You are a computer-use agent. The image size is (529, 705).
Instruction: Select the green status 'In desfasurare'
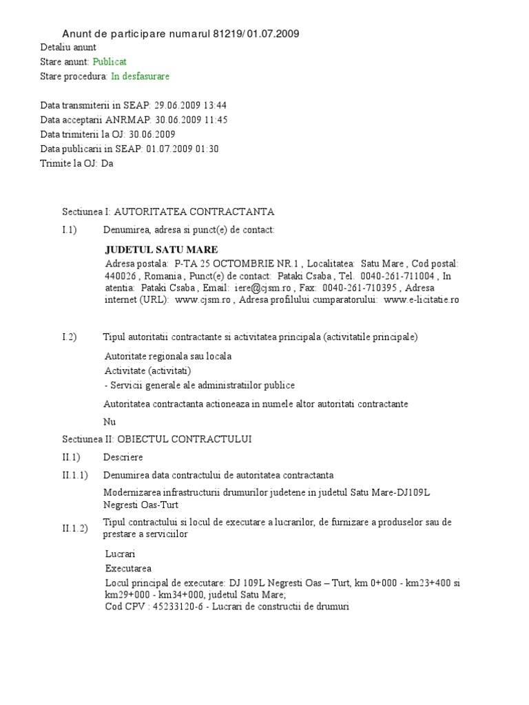140,76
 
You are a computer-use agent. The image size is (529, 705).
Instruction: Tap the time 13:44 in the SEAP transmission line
214,105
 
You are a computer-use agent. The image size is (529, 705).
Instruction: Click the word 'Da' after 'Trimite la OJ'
107,163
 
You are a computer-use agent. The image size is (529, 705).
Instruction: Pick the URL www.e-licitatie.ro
422,299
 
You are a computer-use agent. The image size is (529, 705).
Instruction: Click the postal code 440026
118,276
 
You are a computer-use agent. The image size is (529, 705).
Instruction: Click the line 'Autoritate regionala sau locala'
168,357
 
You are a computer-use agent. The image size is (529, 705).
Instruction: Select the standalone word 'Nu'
110,421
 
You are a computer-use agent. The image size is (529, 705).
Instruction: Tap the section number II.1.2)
75,529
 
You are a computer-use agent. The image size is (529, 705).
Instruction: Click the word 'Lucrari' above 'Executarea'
121,554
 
